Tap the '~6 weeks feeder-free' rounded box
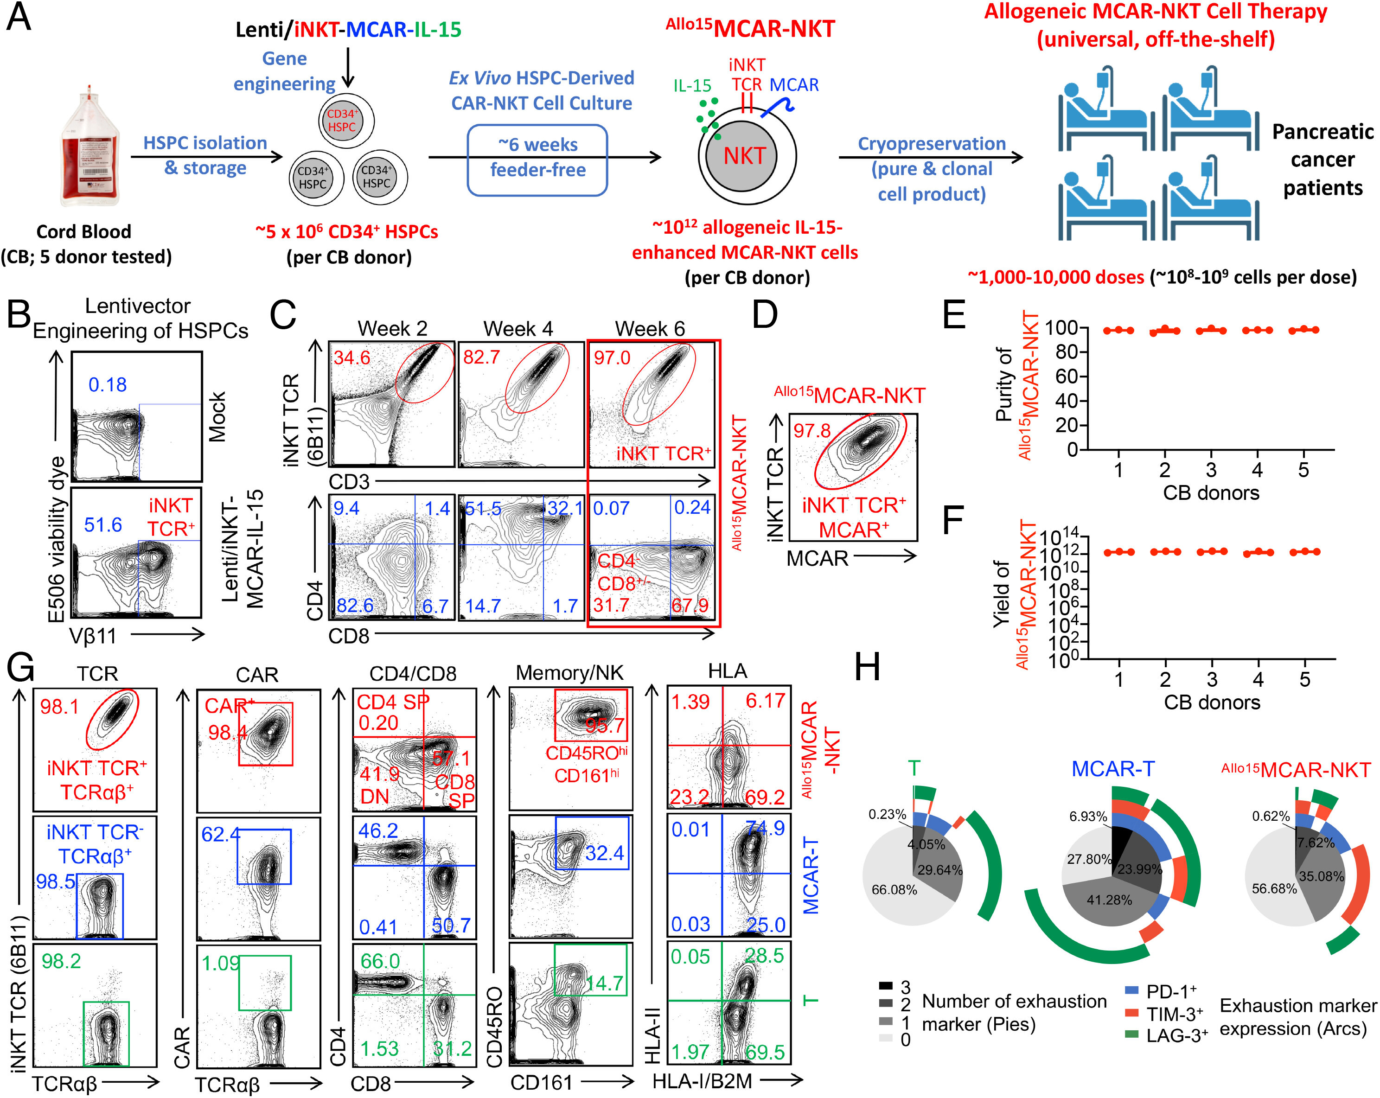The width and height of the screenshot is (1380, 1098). click(537, 159)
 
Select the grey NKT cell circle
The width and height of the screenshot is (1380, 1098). click(744, 155)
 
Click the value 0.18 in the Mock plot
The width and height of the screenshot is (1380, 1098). click(107, 384)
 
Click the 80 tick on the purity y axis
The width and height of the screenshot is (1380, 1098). click(1066, 352)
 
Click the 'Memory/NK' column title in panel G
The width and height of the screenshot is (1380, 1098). click(569, 672)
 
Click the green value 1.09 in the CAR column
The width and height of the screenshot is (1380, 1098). click(221, 963)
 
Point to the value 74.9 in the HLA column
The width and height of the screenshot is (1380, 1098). click(765, 829)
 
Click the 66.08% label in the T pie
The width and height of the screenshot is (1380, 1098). click(894, 889)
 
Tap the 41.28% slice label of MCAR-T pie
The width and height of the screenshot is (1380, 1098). click(1109, 900)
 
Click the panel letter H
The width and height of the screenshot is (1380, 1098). click(867, 667)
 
